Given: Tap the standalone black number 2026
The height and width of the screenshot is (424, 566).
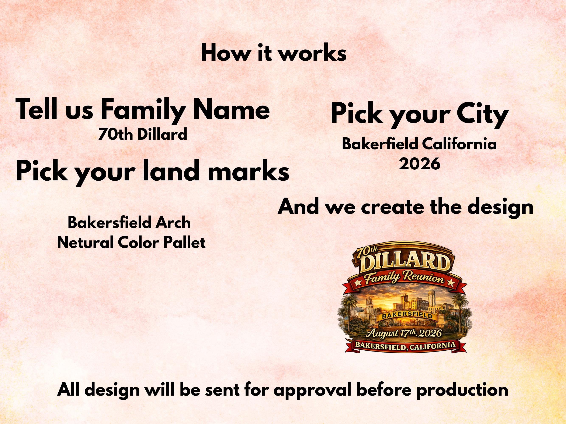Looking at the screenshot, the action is tap(419, 164).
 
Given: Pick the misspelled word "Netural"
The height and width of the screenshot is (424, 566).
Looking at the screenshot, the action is tap(86, 243).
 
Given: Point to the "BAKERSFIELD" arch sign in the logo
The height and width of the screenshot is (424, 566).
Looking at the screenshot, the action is tap(407, 316).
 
